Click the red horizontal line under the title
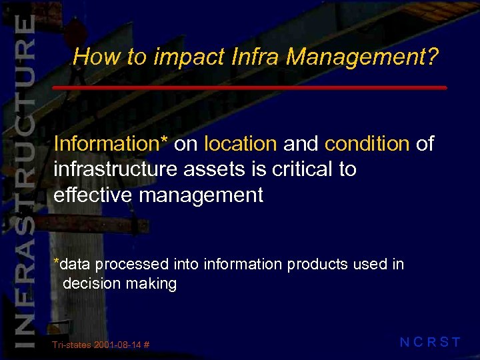pyautogui.click(x=249, y=88)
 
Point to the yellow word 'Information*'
pyautogui.click(x=111, y=143)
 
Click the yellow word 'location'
pyautogui.click(x=240, y=143)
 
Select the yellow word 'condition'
pyautogui.click(x=367, y=143)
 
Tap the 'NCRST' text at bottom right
pyautogui.click(x=430, y=343)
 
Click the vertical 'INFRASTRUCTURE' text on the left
pyautogui.click(x=24, y=180)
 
